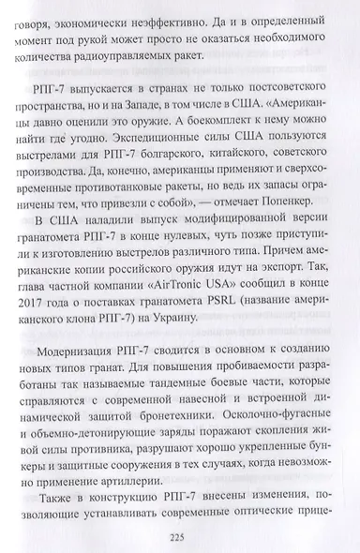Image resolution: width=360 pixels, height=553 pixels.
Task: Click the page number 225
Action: point(180,537)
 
